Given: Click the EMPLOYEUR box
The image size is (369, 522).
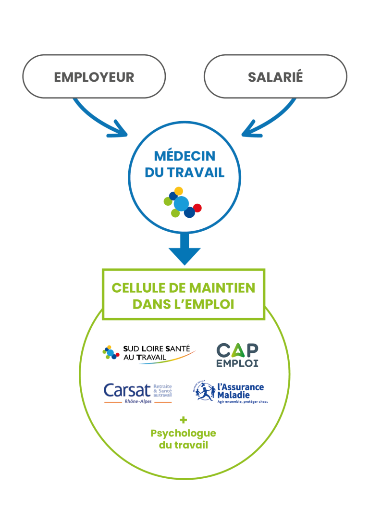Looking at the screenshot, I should coord(94,77).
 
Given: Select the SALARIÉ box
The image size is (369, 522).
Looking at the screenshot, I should coord(275,77).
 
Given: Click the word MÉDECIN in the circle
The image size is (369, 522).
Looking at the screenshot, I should coord(184,156).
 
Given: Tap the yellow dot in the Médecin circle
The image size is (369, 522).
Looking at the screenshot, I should coord(179,191).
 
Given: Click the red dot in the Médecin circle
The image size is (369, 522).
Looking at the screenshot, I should coord(197,208).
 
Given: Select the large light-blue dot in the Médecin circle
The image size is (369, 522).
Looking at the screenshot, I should coord(181,204).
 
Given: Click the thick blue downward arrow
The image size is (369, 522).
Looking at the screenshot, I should coord(184,248).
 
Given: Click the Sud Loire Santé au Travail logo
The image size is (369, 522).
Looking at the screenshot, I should coord(149,354).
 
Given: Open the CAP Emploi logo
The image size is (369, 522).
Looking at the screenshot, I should coord(237,355).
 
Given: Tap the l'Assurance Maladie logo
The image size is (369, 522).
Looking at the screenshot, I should coord(231,392).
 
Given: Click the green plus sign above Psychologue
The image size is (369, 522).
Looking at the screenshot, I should coord(184,420).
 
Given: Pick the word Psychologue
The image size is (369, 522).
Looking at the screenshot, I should coord(184,434).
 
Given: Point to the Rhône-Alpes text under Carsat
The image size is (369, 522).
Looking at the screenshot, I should coord(137,402).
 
